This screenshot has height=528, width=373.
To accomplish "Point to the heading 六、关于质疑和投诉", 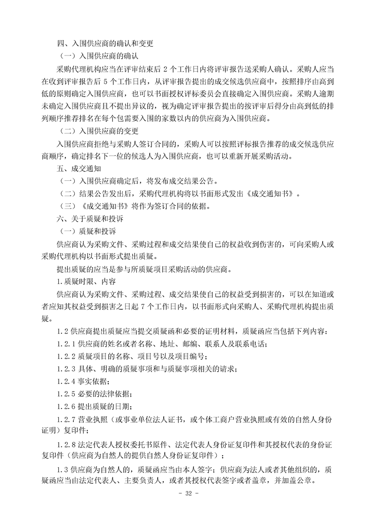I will tap(87, 218).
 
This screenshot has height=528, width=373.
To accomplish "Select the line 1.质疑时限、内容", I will tap(82, 281).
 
